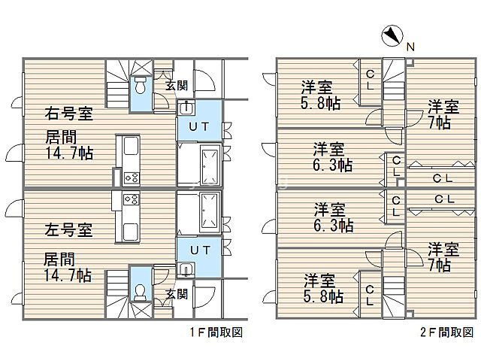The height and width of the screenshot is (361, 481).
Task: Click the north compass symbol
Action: pos(392,36)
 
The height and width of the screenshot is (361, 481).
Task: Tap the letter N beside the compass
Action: pos(410,47)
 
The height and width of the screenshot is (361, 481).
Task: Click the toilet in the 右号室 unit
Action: pos(141,86)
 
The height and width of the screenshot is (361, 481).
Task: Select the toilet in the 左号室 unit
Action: pos(140,292)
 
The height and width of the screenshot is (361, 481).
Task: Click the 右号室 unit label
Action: pos(68,113)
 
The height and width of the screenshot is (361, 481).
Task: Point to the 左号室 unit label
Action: pos(68,229)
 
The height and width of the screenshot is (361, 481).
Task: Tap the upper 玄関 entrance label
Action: pos(177,85)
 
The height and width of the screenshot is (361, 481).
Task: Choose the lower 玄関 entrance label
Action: pos(177,294)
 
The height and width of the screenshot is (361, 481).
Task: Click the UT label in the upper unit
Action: pos(199,126)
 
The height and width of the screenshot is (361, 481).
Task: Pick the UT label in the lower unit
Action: pos(201,250)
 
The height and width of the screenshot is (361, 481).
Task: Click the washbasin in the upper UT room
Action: pos(186,108)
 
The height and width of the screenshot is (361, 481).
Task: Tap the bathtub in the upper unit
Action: pos(210,165)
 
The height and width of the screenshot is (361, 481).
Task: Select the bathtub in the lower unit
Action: pos(210,212)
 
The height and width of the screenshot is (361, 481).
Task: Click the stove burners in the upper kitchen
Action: pos(132,177)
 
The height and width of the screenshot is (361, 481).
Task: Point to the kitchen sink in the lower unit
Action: pos(131,232)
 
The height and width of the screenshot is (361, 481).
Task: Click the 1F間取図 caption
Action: pos(216,332)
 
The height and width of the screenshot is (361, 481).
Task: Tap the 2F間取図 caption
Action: pos(447,332)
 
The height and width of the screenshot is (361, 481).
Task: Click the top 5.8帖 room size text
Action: pos(320,103)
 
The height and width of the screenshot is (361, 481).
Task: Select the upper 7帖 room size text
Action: pos(439,123)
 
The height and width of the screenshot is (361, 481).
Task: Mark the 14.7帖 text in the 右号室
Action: pos(69,153)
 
